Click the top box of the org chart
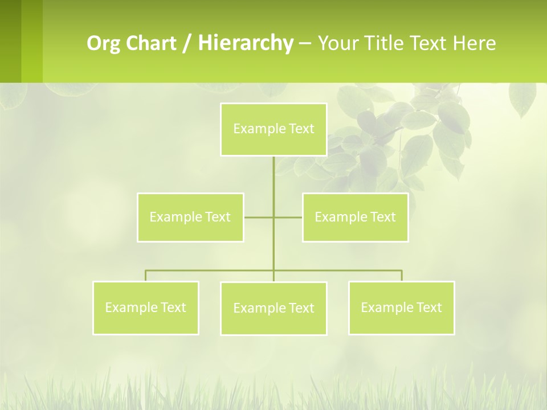273,129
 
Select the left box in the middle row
190,217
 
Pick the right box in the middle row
355,217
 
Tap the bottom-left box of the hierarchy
145,307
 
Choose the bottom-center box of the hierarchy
273,308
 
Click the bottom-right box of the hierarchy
401,307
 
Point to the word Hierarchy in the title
245,43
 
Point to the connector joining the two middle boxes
259,218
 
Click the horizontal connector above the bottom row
211,270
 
